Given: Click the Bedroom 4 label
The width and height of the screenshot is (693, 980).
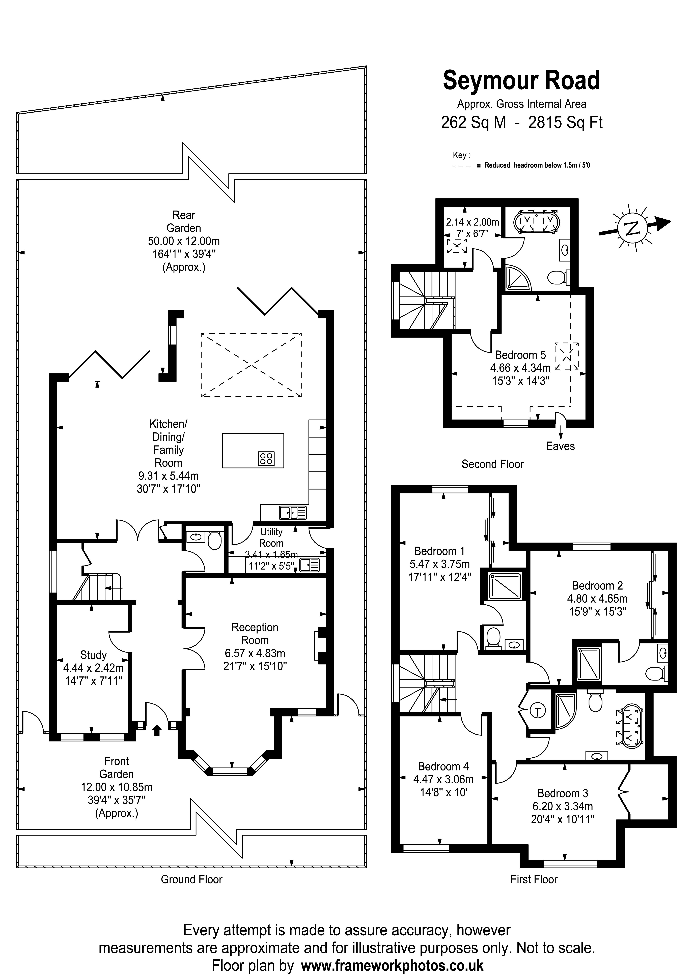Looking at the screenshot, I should pos(443,766).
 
